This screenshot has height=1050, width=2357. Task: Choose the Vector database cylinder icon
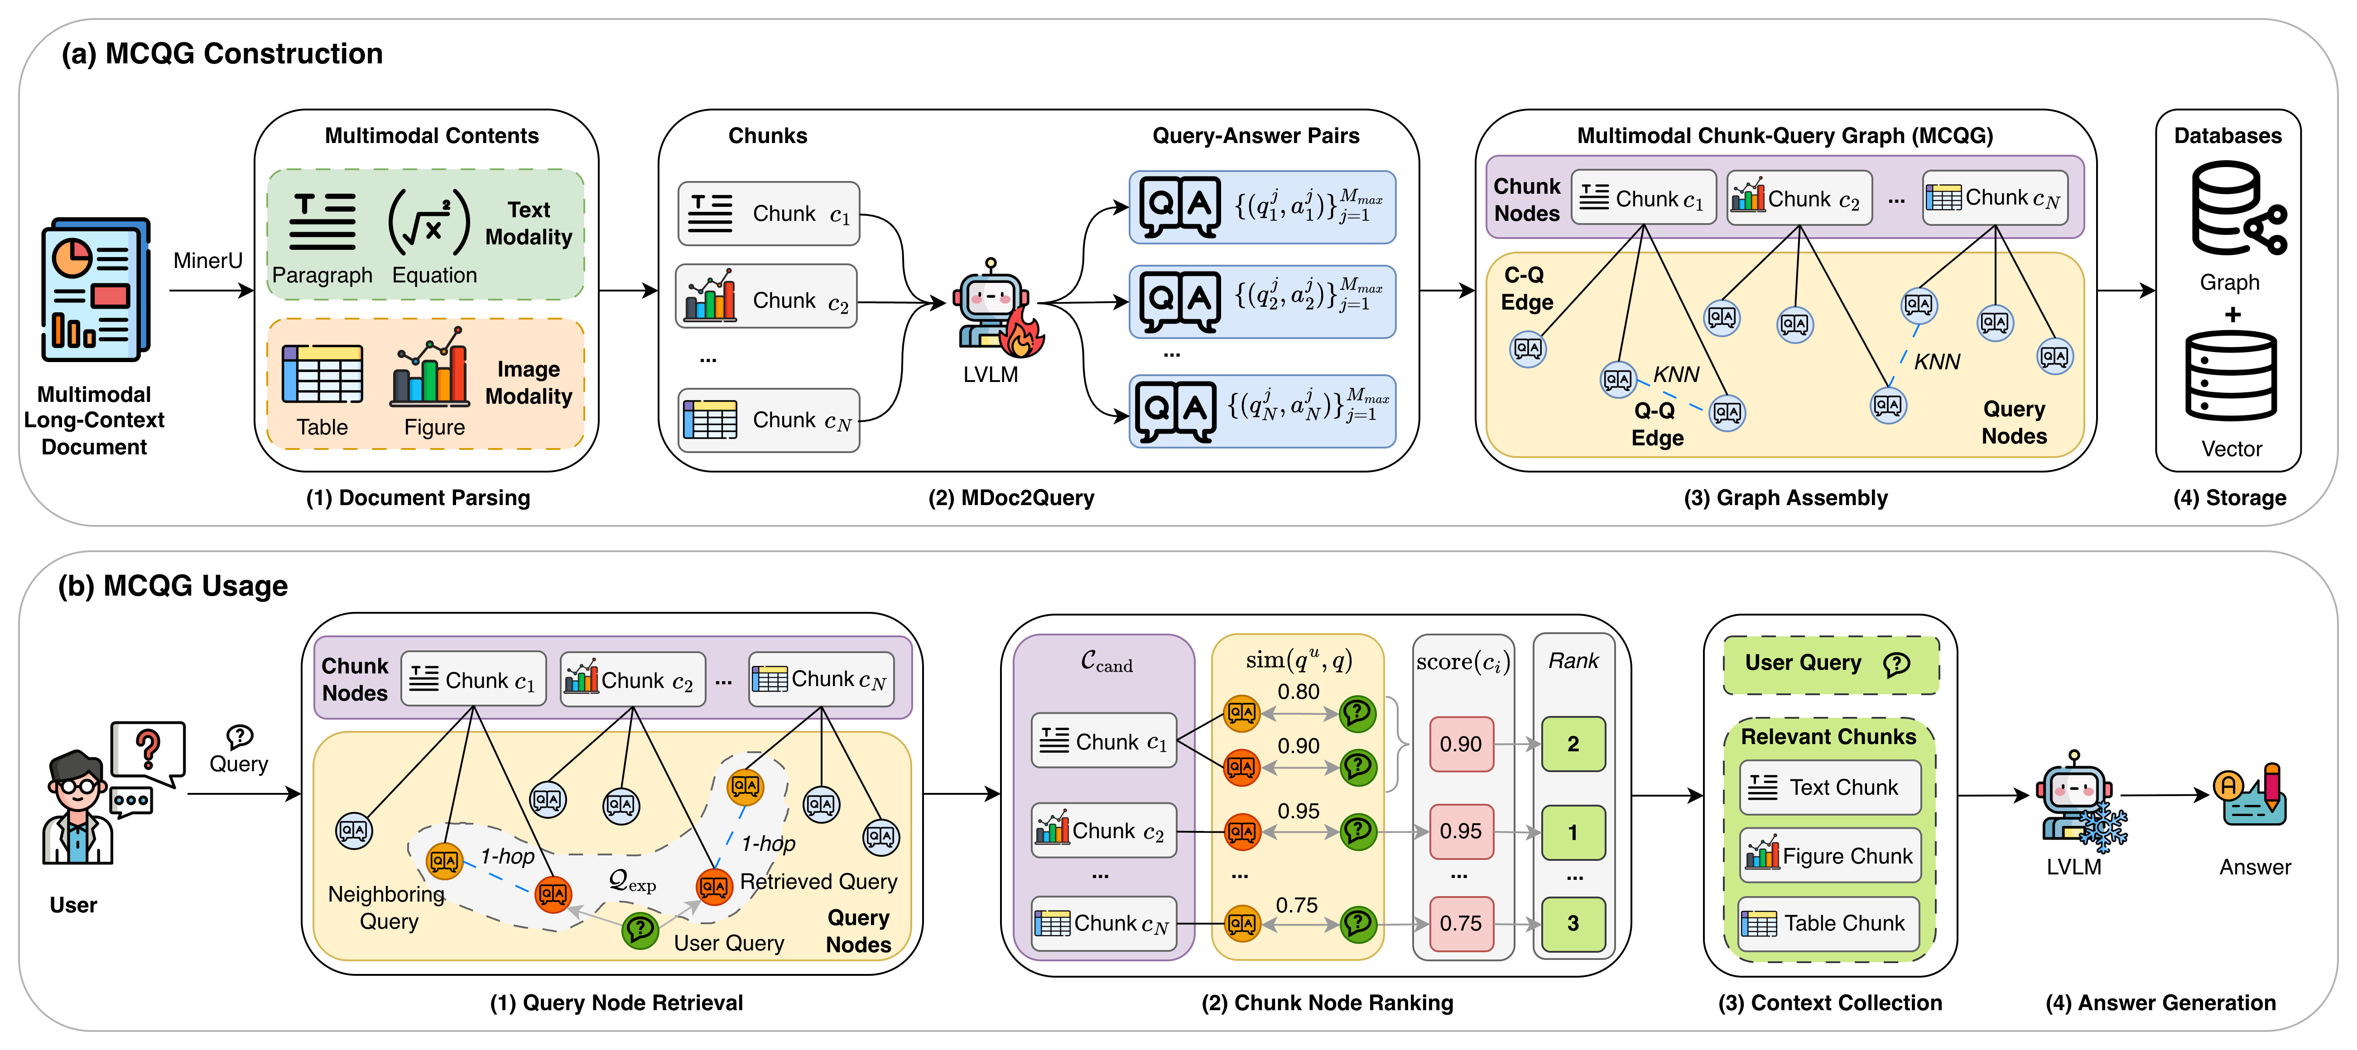(x=2231, y=375)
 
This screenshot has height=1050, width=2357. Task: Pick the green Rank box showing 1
(x=1573, y=832)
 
